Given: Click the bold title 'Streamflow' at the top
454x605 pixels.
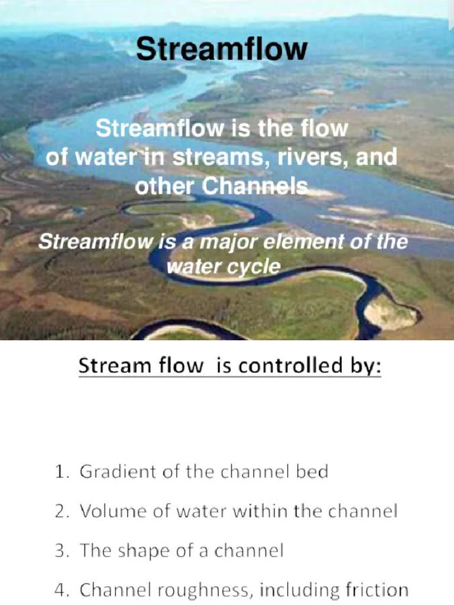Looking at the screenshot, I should (x=222, y=50).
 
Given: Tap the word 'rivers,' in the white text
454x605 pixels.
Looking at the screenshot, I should (x=322, y=158).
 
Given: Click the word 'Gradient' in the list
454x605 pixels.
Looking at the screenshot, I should (x=111, y=473).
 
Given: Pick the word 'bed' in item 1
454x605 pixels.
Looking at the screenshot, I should (x=313, y=473).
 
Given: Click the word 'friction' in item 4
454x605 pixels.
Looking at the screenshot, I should (x=377, y=590).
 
